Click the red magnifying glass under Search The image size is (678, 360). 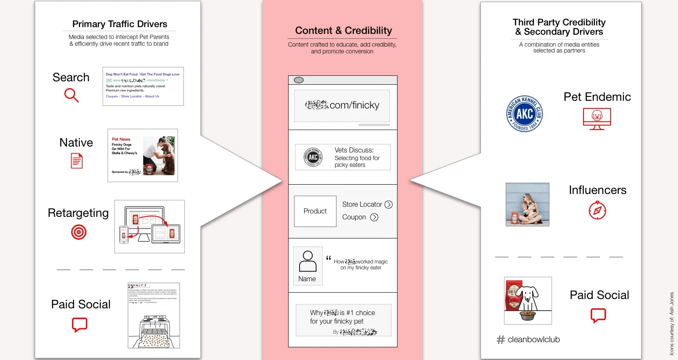(71, 95)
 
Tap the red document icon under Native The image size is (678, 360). (77, 161)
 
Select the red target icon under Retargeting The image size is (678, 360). (79, 232)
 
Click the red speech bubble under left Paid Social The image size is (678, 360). (80, 325)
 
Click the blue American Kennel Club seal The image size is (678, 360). (525, 114)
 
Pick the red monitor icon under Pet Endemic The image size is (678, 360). (597, 118)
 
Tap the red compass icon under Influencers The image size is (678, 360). (597, 210)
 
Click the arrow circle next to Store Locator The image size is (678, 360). (389, 205)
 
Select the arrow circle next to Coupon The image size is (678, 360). (374, 217)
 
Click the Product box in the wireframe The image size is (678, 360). (315, 211)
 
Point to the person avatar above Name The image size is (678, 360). (308, 261)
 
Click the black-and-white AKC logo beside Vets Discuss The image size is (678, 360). (313, 157)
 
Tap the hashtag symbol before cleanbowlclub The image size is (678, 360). (501, 340)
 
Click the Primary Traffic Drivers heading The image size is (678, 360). (119, 24)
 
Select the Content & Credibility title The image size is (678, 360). (343, 30)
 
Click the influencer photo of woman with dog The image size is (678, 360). (528, 205)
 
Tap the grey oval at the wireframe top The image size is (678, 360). (299, 80)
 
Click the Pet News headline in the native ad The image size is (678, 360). (121, 139)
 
